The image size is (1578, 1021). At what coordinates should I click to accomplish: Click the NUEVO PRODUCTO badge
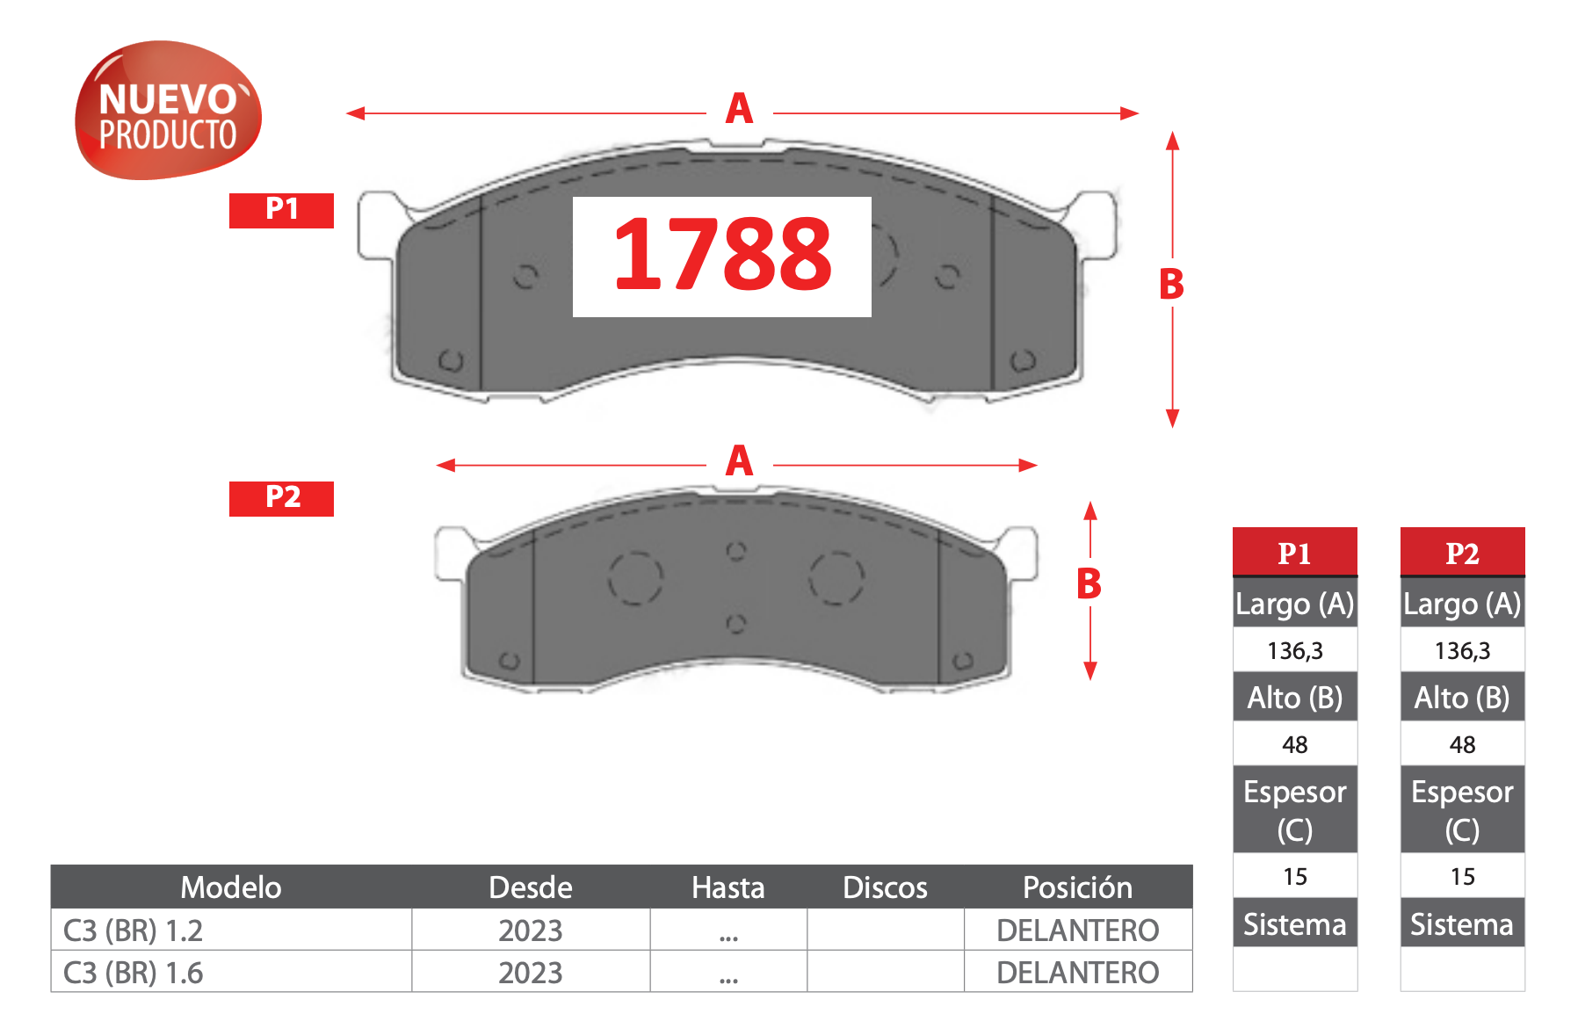pyautogui.click(x=168, y=111)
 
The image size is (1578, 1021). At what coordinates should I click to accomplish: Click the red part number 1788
pyautogui.click(x=722, y=255)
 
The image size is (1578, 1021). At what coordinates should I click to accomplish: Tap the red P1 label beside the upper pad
pyautogui.click(x=281, y=210)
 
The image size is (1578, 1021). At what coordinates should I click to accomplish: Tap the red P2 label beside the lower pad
pyautogui.click(x=281, y=498)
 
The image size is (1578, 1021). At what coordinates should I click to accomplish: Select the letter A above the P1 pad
pyautogui.click(x=739, y=110)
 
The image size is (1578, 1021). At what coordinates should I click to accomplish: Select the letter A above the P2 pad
pyautogui.click(x=739, y=461)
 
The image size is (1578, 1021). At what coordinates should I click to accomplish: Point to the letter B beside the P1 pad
pyautogui.click(x=1171, y=285)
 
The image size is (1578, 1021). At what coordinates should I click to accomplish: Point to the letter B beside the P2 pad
pyautogui.click(x=1089, y=584)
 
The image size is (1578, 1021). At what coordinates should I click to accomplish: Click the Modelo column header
pyautogui.click(x=231, y=887)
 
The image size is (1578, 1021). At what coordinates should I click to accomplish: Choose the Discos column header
pyautogui.click(x=885, y=887)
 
